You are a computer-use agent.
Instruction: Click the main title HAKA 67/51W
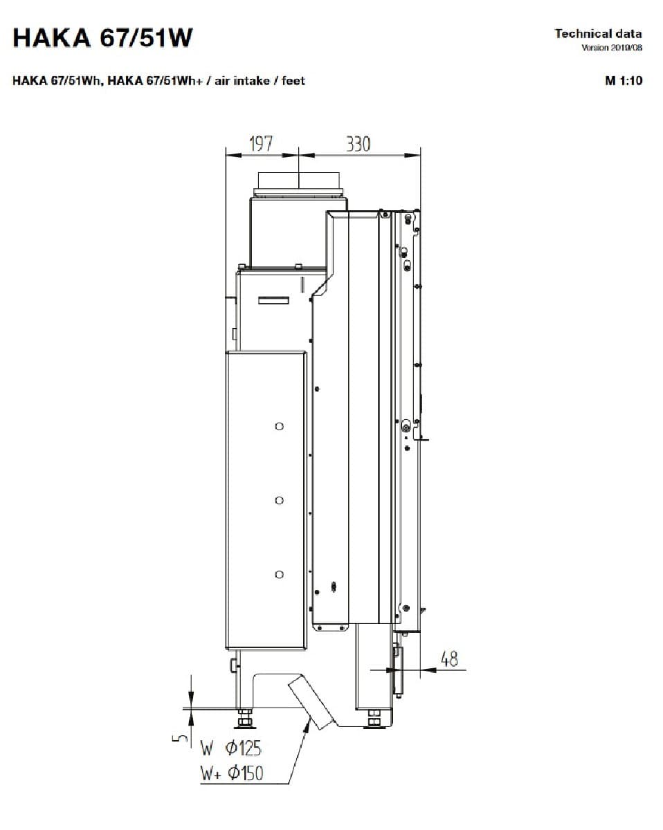tap(102, 38)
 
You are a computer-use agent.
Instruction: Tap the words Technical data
tap(599, 34)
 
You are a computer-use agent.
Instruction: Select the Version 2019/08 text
tap(612, 48)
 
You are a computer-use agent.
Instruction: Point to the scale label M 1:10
tap(624, 81)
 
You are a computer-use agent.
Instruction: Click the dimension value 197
tap(262, 143)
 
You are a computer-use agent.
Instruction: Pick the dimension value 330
tap(358, 144)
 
